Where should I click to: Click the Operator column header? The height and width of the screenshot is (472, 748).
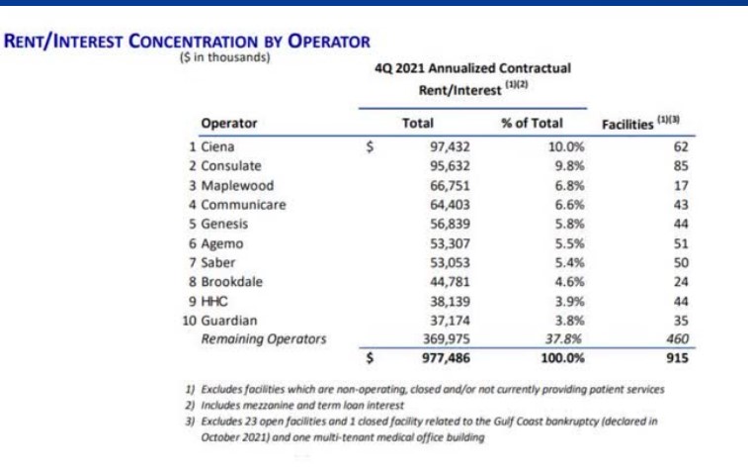(x=229, y=124)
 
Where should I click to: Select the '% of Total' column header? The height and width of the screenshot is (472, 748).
(x=532, y=124)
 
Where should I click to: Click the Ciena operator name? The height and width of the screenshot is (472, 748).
(x=217, y=146)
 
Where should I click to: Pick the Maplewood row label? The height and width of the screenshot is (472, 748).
(x=237, y=185)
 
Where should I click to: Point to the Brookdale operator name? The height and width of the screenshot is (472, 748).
(x=232, y=282)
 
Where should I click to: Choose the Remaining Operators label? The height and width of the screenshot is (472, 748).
(x=264, y=339)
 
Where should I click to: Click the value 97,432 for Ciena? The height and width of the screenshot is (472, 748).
(x=450, y=146)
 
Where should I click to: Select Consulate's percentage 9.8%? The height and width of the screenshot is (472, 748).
(x=569, y=166)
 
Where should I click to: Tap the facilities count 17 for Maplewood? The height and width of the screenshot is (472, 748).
(x=681, y=185)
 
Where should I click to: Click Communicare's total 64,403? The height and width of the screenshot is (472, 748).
(x=450, y=205)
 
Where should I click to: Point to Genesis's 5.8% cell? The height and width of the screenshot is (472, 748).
(x=569, y=224)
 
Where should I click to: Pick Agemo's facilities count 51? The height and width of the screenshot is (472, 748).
(x=681, y=243)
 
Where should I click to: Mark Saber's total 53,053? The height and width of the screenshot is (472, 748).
(x=450, y=263)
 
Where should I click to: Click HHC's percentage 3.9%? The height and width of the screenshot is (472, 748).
(x=569, y=302)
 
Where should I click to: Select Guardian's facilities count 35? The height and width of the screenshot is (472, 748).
(x=681, y=321)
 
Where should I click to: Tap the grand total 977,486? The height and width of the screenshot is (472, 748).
(x=446, y=358)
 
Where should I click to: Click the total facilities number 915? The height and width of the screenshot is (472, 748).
(x=678, y=358)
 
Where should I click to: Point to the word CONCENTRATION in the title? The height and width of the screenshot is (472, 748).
(x=194, y=42)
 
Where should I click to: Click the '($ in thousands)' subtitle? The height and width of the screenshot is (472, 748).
(x=224, y=57)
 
